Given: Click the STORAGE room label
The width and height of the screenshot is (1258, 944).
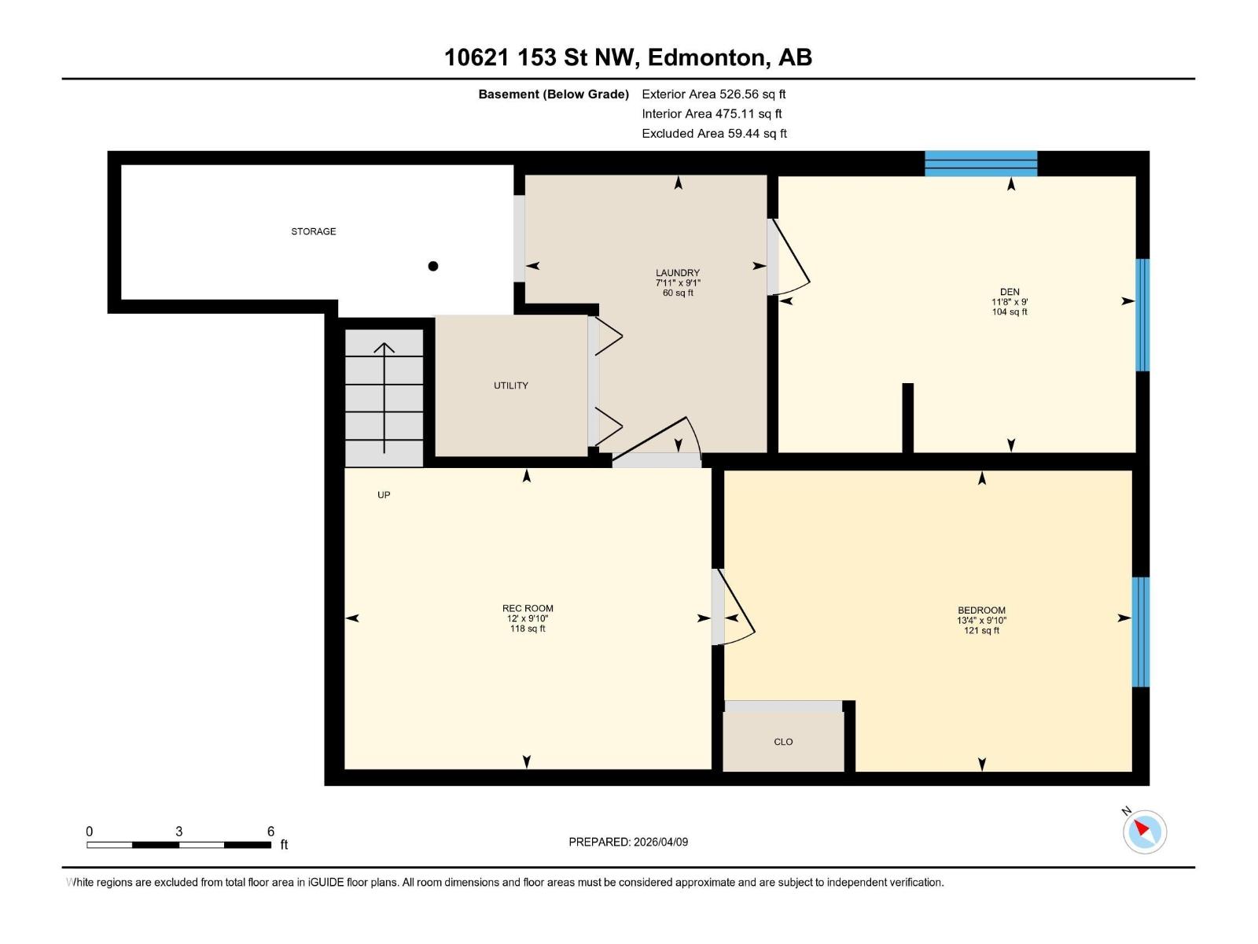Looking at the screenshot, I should (313, 231).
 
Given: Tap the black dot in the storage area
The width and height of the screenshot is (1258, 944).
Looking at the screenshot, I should (432, 266).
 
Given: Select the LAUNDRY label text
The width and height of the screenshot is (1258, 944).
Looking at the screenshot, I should (677, 273).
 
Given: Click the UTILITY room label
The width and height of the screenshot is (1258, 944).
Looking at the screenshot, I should (510, 385).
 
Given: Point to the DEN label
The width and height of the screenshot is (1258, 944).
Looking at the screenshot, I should (1009, 292).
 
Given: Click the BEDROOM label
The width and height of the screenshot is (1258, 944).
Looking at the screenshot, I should (981, 610).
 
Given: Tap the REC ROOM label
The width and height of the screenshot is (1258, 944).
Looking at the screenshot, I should (528, 608).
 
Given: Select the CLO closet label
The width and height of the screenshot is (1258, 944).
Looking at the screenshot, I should (783, 742).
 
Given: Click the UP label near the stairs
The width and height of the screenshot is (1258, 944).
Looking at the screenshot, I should (384, 495).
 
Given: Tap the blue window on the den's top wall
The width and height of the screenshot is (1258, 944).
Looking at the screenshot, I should (980, 164).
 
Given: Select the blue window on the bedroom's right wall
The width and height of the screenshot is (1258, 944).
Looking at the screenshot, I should (1140, 632).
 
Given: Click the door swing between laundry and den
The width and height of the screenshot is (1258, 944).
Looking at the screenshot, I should (790, 260).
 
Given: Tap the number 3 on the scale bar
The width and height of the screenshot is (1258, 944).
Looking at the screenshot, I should (179, 832).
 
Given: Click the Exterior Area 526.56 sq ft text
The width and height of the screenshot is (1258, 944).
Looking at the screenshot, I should (713, 94).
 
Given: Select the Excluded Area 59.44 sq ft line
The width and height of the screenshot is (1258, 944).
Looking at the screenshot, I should (713, 134).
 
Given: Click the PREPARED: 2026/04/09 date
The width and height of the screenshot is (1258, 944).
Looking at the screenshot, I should (628, 842).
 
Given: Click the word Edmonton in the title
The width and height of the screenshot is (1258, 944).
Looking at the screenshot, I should (707, 57).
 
